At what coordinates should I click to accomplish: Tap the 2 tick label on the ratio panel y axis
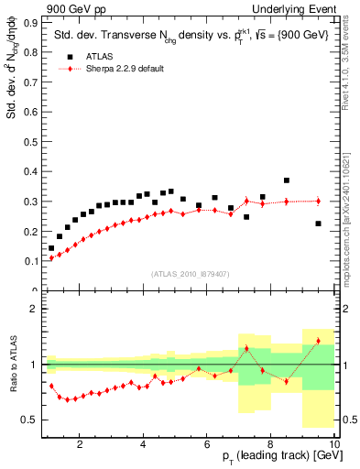pos(36,309)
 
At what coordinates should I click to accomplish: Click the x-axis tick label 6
pos(207,445)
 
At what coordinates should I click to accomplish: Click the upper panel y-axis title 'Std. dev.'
pos(12,92)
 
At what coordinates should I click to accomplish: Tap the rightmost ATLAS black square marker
pos(318,224)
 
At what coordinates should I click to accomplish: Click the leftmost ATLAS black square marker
pos(51,247)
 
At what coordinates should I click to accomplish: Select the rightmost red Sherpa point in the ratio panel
pos(318,341)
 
